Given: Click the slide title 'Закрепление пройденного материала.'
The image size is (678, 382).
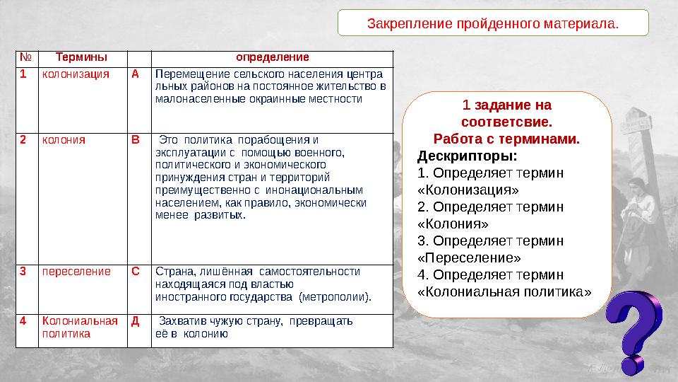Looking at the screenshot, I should [x=492, y=23].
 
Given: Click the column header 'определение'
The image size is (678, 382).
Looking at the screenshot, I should [x=272, y=57].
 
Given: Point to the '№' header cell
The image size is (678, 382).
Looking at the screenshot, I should [x=25, y=57].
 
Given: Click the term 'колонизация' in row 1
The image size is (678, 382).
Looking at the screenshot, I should [x=76, y=74].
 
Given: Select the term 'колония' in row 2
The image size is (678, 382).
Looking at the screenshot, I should [x=64, y=139].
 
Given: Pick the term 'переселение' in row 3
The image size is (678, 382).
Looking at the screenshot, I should [x=76, y=271].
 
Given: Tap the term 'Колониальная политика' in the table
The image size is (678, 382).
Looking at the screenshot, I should [x=79, y=327].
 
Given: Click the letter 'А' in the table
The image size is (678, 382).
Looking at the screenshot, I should [x=136, y=74].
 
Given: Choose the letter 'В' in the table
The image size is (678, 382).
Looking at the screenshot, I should [x=136, y=139].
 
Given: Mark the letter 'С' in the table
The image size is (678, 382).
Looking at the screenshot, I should [x=136, y=271].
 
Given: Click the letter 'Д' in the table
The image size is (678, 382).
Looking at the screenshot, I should [x=136, y=320].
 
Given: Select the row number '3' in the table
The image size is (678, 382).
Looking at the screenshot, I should [x=23, y=271].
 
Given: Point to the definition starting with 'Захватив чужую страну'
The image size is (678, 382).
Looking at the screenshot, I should [x=254, y=327].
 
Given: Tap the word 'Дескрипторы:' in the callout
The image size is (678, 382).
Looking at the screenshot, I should [x=467, y=156].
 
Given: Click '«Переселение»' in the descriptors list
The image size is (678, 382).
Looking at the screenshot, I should [x=469, y=257].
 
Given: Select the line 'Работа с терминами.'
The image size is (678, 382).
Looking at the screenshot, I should [x=506, y=139].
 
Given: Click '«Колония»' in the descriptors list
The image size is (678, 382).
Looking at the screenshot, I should [x=453, y=224].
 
